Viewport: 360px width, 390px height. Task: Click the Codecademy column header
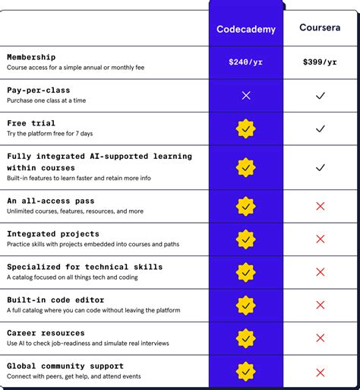(245, 30)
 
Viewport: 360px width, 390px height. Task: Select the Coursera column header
(320, 28)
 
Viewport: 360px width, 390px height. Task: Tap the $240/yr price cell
(245, 62)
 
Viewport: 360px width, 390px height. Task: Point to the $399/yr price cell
(320, 62)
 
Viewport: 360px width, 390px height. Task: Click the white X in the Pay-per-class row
(245, 96)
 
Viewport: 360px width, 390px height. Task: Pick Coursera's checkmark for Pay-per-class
(320, 96)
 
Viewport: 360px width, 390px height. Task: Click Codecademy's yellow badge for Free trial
(245, 129)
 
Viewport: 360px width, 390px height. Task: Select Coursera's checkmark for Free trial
(320, 129)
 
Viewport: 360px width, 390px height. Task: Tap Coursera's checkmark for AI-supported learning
(320, 167)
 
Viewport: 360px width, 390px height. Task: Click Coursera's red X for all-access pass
(320, 206)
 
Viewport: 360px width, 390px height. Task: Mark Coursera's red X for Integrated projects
(320, 239)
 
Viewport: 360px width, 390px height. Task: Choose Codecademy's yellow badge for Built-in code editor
(245, 305)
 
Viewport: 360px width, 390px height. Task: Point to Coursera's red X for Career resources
(320, 338)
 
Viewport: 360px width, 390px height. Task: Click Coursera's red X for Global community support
(320, 372)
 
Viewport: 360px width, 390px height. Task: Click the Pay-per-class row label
(39, 90)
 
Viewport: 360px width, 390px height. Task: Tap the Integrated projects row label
(53, 233)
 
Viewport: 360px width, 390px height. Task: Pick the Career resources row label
(46, 333)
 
